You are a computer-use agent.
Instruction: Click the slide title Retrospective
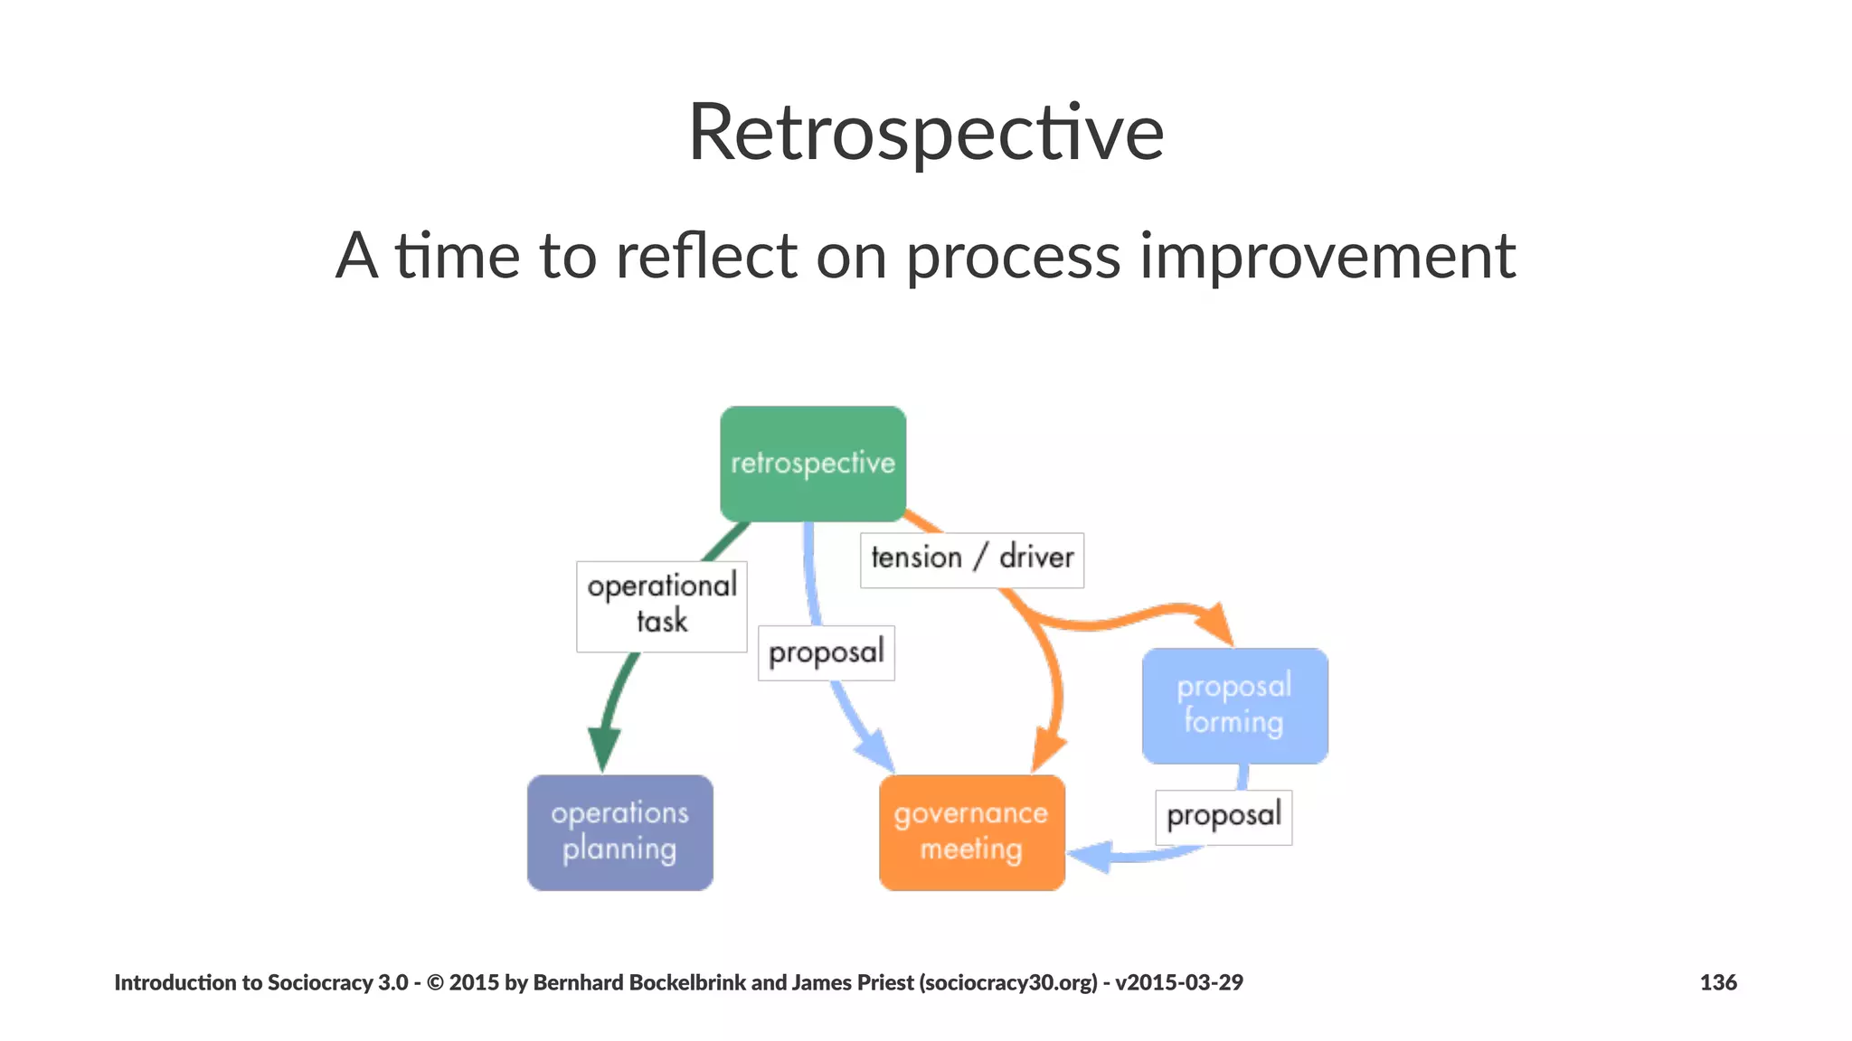[x=925, y=133]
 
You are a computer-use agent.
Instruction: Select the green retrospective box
[x=812, y=463]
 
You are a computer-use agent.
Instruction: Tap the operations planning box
[x=619, y=832]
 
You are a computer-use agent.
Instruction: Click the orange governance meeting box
[x=971, y=832]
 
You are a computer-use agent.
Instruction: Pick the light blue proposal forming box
[x=1234, y=706]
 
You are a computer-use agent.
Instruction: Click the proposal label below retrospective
[x=826, y=652]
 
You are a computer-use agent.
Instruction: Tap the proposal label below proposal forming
[x=1223, y=817]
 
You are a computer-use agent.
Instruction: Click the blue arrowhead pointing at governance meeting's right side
[x=1090, y=855]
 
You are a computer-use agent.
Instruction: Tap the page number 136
[x=1717, y=982]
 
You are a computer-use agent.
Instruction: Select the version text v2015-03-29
[x=1178, y=982]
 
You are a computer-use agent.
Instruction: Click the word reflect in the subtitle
[x=706, y=257]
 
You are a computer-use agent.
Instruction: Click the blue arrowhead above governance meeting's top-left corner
[x=874, y=751]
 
